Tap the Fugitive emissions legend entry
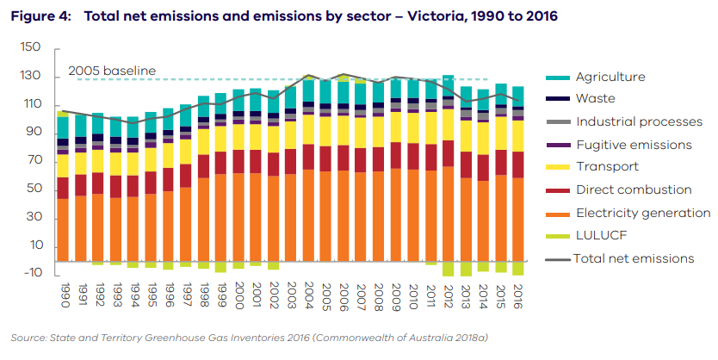point(634,144)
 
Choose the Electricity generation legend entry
point(643,212)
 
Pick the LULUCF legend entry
point(601,234)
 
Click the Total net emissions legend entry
point(634,258)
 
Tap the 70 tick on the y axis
point(34,161)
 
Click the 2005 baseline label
point(112,71)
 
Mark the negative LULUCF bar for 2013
point(466,269)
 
